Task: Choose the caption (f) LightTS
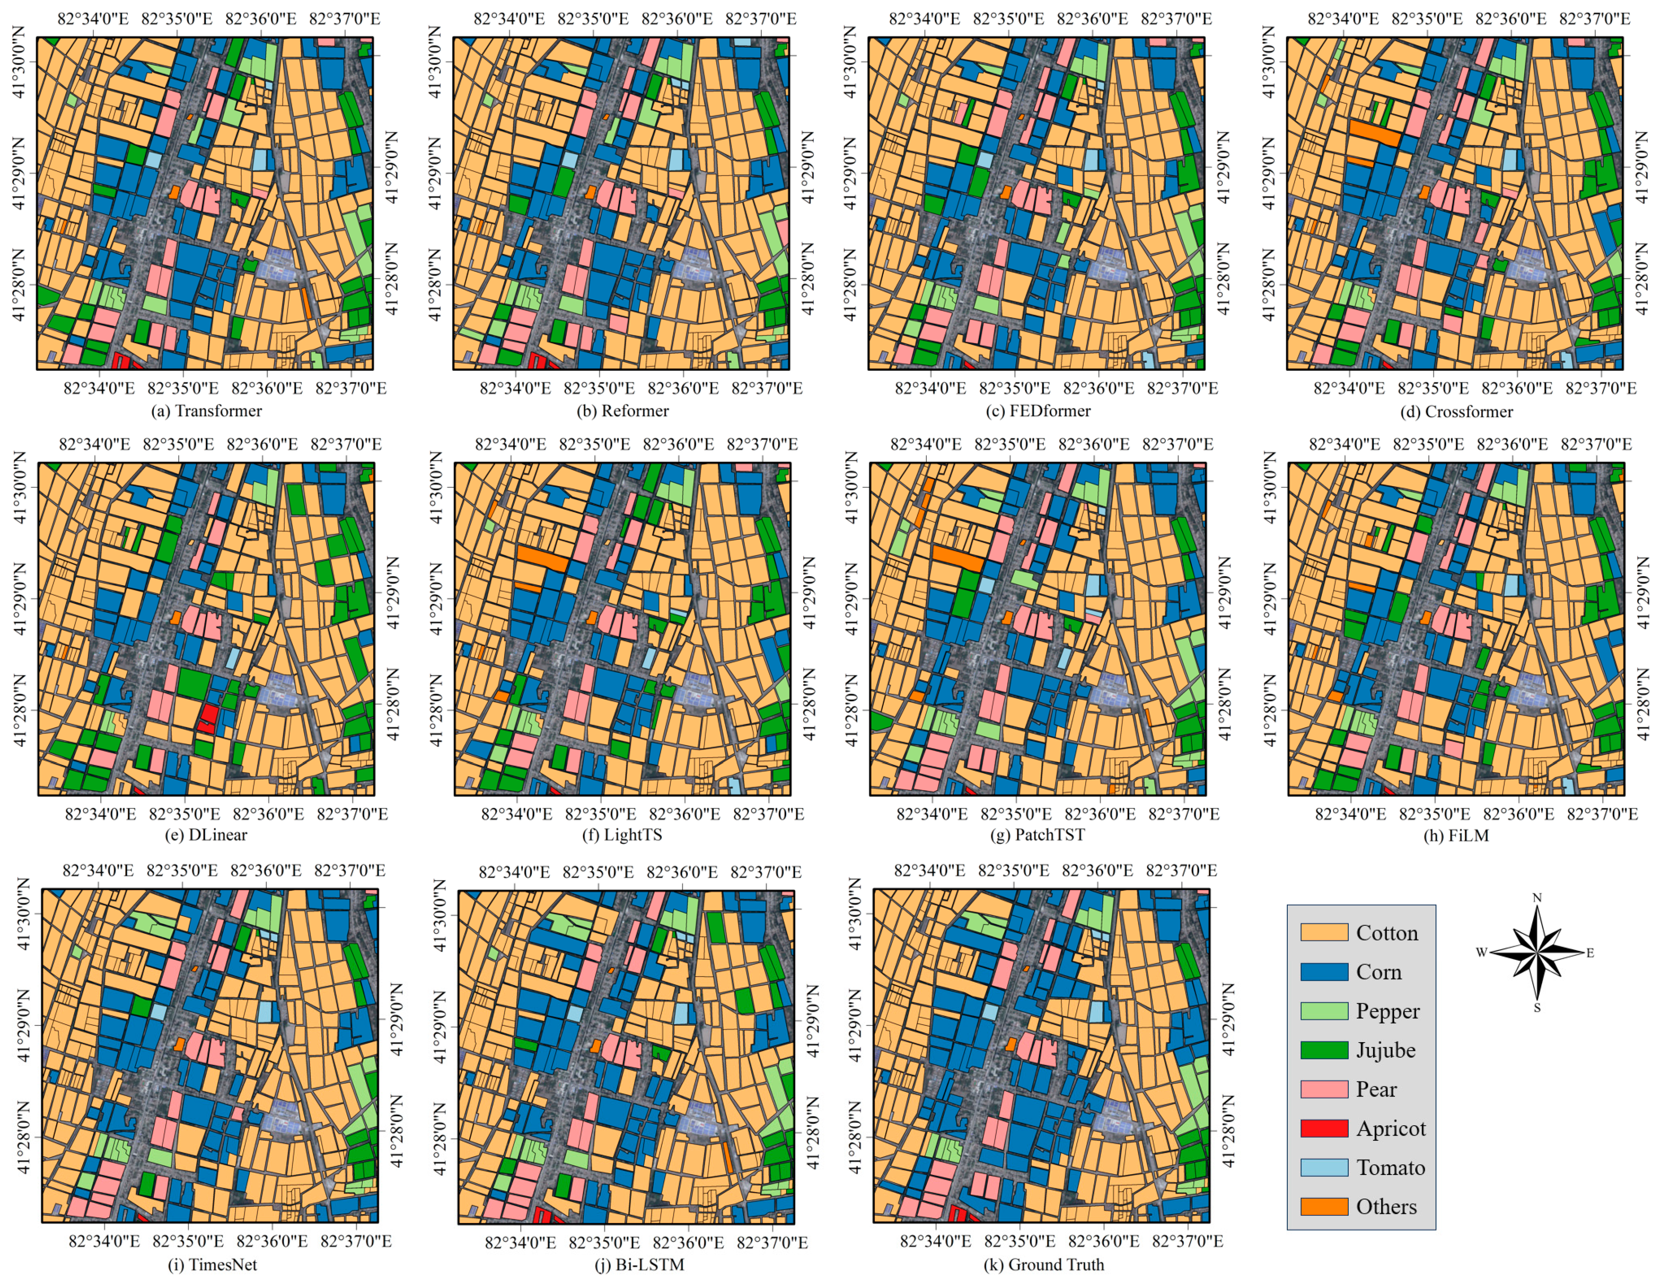coord(623,835)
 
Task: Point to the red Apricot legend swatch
coord(1324,1128)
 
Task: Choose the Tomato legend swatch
coord(1324,1167)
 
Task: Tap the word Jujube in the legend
coord(1386,1050)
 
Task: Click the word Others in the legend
coord(1386,1207)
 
